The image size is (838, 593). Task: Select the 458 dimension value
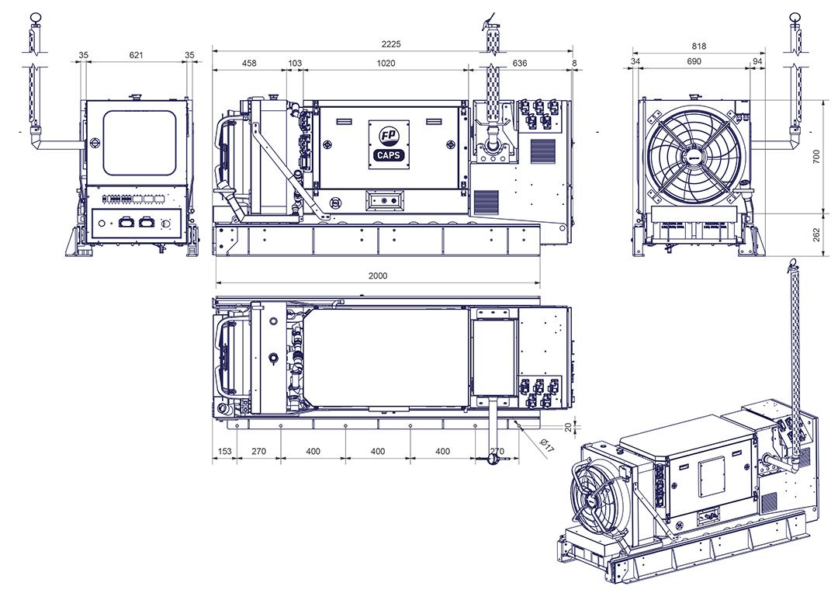point(250,63)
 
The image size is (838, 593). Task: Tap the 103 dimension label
point(295,63)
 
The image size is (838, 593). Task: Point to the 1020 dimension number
point(386,63)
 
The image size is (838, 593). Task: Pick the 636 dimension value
point(520,63)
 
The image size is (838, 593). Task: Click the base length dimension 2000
point(378,276)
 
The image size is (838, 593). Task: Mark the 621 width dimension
point(137,55)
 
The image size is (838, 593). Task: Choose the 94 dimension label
point(757,61)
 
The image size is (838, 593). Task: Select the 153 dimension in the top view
point(224,451)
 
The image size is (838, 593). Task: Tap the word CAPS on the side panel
point(386,154)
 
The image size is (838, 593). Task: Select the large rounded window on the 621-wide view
point(140,143)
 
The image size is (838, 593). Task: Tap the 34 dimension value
point(635,61)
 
